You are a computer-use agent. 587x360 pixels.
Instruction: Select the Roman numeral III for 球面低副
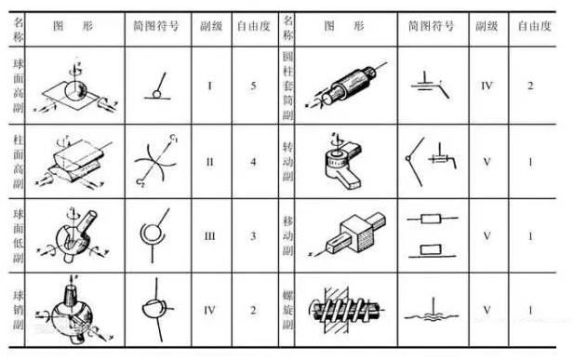210,235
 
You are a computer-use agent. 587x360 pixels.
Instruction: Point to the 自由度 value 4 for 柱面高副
253,161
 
